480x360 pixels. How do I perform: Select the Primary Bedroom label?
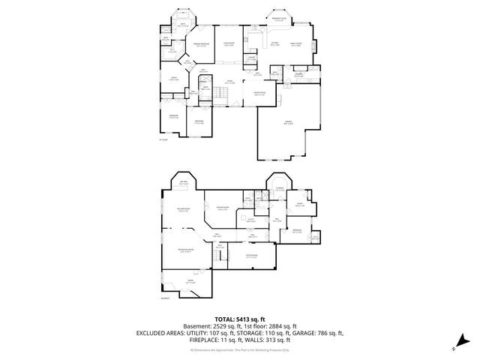(201, 46)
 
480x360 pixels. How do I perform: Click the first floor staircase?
(220, 94)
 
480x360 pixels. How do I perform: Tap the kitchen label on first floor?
(274, 44)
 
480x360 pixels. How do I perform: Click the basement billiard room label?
(182, 211)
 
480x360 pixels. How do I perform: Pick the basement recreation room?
(185, 251)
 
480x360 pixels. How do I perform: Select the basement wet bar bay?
(183, 184)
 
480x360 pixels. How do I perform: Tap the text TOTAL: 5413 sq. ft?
(240, 319)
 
